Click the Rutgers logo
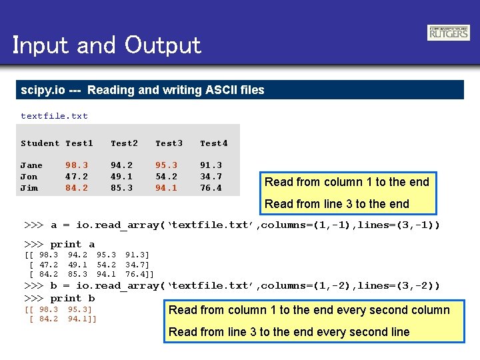pyautogui.click(x=448, y=33)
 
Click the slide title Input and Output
pyautogui.click(x=107, y=45)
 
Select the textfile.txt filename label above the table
pyautogui.click(x=54, y=116)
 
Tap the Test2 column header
pyautogui.click(x=124, y=143)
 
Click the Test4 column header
pyautogui.click(x=214, y=143)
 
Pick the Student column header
pyautogui.click(x=40, y=143)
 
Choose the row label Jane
pyautogui.click(x=31, y=165)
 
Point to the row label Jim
pyautogui.click(x=29, y=188)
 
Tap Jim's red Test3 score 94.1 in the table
pyautogui.click(x=166, y=188)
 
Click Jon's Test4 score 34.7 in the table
pyautogui.click(x=211, y=177)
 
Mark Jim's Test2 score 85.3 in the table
pyautogui.click(x=121, y=188)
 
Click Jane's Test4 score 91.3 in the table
pyautogui.click(x=211, y=165)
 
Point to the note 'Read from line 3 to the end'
pyautogui.click(x=337, y=204)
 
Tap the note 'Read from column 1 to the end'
pyautogui.click(x=347, y=182)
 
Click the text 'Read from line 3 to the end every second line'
pyautogui.click(x=289, y=332)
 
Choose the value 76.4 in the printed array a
pyautogui.click(x=138, y=274)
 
